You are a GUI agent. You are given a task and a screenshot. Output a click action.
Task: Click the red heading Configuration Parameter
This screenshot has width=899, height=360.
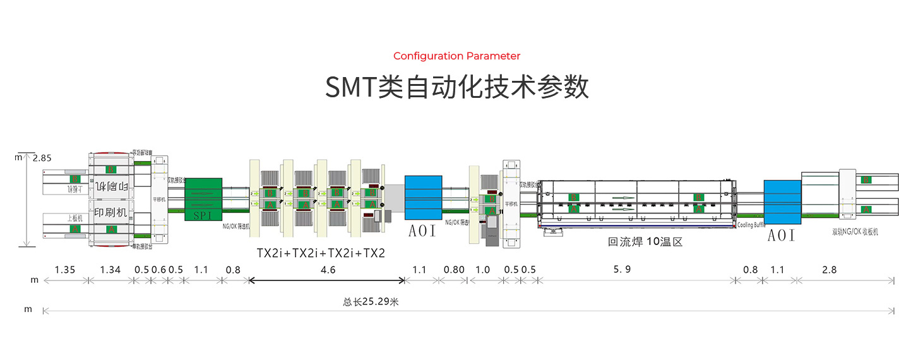point(456,56)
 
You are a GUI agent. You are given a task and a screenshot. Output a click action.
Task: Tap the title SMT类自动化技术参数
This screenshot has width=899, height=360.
point(456,87)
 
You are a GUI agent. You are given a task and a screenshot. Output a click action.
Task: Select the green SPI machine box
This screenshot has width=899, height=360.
point(203,199)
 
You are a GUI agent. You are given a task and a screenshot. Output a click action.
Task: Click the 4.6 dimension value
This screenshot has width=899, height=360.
point(328,270)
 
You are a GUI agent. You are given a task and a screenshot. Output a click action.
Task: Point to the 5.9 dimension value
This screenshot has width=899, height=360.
point(622,270)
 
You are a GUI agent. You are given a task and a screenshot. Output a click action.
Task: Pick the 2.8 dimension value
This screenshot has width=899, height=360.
point(830,270)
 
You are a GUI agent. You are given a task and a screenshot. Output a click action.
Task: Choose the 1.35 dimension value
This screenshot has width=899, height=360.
point(65,270)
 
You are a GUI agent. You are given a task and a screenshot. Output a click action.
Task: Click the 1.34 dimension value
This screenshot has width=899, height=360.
point(110,270)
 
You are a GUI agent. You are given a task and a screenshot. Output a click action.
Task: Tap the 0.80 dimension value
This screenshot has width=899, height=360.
point(454,270)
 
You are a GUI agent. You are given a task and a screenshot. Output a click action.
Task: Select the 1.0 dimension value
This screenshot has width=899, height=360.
point(482,270)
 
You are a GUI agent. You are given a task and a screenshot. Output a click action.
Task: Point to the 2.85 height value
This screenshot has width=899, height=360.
point(42,157)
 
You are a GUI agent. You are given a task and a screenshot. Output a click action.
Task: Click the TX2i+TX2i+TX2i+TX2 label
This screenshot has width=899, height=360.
point(321,253)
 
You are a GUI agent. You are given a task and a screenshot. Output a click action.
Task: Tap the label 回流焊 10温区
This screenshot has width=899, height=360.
point(645,241)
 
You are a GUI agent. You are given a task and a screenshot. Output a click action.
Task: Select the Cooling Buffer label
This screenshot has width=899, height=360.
point(751,225)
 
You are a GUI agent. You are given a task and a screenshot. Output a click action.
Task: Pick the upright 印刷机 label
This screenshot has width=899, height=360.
point(110,213)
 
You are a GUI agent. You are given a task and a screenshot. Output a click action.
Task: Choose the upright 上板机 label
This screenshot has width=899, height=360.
point(75,218)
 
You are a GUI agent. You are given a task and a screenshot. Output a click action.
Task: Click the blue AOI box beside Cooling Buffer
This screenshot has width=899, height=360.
point(782,203)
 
